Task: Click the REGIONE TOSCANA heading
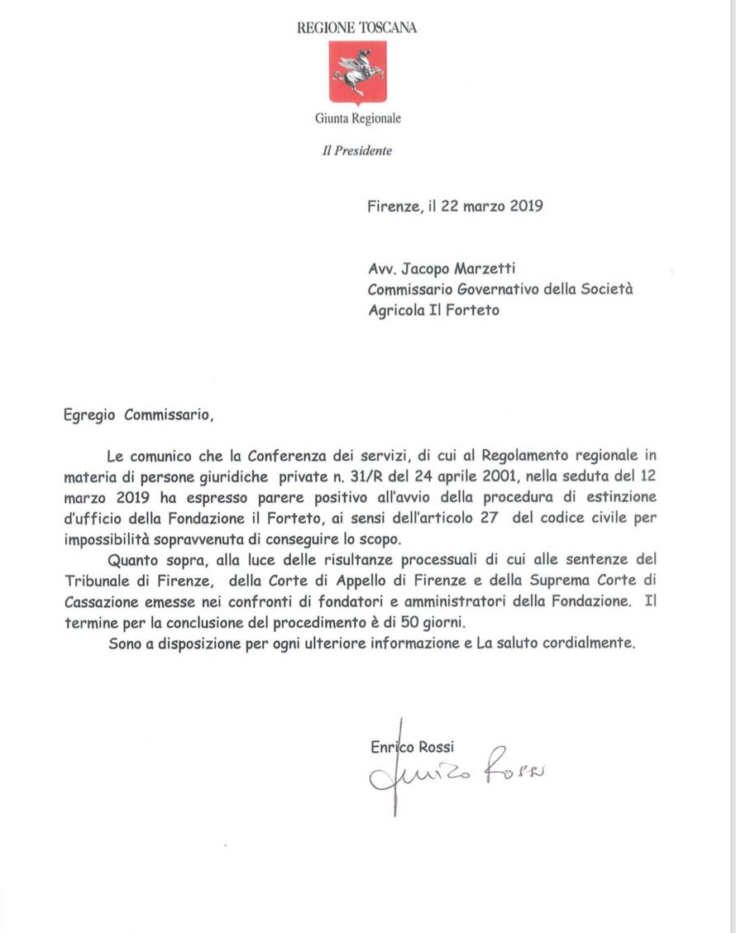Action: tap(356, 27)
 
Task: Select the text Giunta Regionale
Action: tap(357, 119)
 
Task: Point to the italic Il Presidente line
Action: tap(357, 151)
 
